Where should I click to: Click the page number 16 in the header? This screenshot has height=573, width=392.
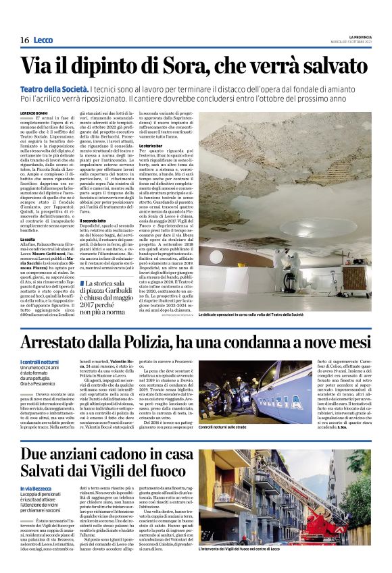click(x=24, y=40)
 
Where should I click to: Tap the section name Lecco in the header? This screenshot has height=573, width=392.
click(x=43, y=40)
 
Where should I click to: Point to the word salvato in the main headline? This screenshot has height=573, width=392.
click(x=330, y=65)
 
